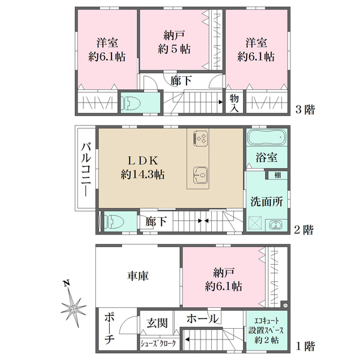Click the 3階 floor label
pos(305,109)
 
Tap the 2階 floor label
pos(304,229)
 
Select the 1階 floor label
pos(305,346)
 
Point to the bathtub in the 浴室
pos(267,137)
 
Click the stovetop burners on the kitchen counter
pos(201,138)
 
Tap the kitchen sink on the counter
pos(200,175)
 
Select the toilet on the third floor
pos(130,103)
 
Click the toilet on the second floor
pos(113,222)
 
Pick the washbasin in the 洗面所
pos(275,225)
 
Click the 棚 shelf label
pos(278,176)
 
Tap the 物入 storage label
pos(234,103)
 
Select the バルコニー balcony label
pos(86,169)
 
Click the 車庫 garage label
pos(138,276)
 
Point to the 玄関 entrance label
pos(157,323)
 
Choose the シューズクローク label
pos(158,343)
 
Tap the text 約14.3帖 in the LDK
pos(143,175)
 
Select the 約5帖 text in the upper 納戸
pos(174,49)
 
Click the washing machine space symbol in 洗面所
pos(256,223)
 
